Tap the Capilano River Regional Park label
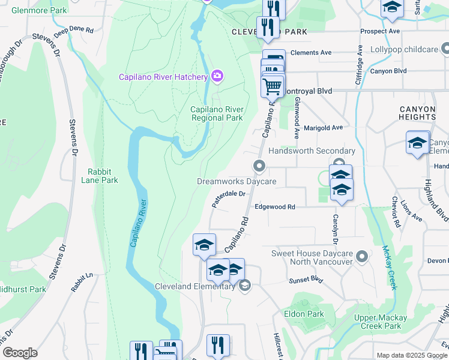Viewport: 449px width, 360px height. (217, 113)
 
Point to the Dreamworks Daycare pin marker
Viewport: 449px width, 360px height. (259, 166)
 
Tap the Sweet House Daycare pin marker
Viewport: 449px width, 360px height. (361, 257)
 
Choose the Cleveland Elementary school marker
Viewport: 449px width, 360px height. (244, 286)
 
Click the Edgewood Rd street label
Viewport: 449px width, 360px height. (275, 206)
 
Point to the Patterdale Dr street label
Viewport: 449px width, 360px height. (229, 199)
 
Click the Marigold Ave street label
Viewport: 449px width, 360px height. (323, 127)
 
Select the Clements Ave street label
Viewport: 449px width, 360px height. (311, 53)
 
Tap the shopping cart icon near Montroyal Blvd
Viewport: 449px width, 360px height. (273, 86)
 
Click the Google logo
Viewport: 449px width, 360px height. (20, 353)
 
